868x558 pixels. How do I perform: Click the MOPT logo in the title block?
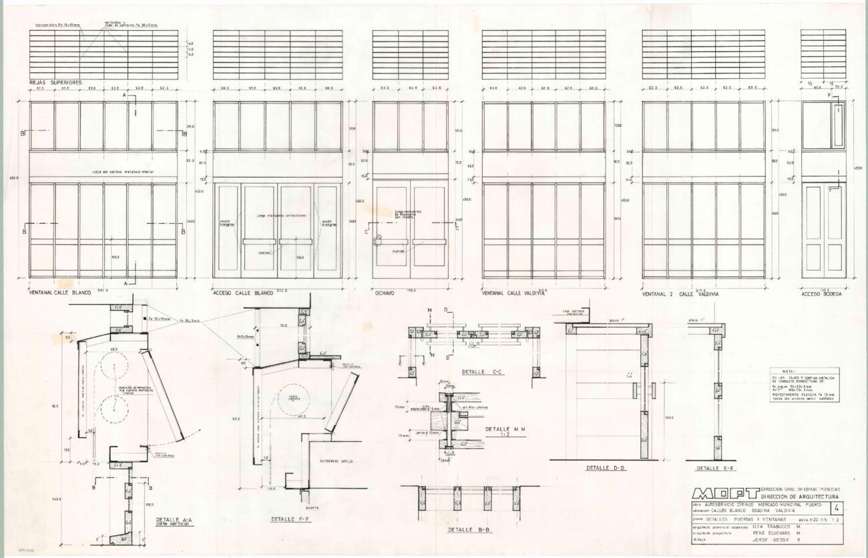(726, 493)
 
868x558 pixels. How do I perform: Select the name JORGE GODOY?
(773, 539)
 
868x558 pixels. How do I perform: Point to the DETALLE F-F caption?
(288, 519)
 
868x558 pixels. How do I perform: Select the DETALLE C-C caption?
(482, 371)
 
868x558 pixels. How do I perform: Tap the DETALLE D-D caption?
(606, 468)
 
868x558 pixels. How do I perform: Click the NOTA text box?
(805, 385)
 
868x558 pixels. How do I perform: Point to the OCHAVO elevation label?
(385, 293)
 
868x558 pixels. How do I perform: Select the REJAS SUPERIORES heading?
(55, 83)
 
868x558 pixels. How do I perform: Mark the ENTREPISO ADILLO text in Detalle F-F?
(336, 460)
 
